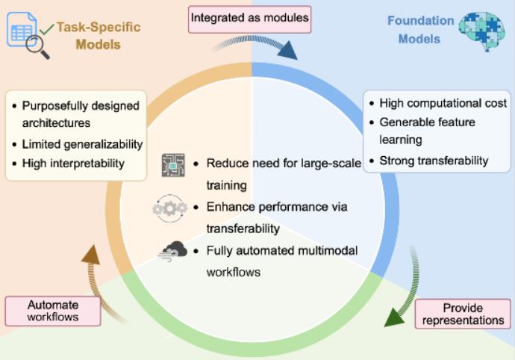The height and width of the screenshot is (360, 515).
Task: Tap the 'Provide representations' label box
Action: click(x=463, y=314)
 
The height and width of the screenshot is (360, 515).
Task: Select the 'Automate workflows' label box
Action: click(x=53, y=311)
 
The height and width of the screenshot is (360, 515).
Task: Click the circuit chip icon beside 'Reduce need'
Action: click(x=172, y=165)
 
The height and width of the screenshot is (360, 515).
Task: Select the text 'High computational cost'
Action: click(x=443, y=103)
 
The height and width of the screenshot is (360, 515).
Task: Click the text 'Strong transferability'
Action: click(x=434, y=160)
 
